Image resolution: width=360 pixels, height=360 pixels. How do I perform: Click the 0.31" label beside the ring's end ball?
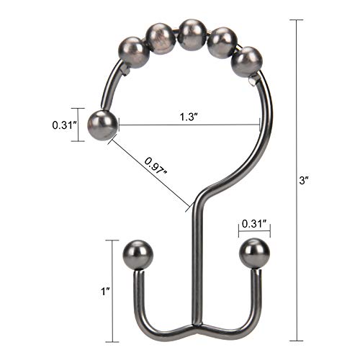point(63,125)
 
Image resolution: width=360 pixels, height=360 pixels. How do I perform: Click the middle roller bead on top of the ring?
point(191,32)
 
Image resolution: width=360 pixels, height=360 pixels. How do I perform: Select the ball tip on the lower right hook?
point(253,252)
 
